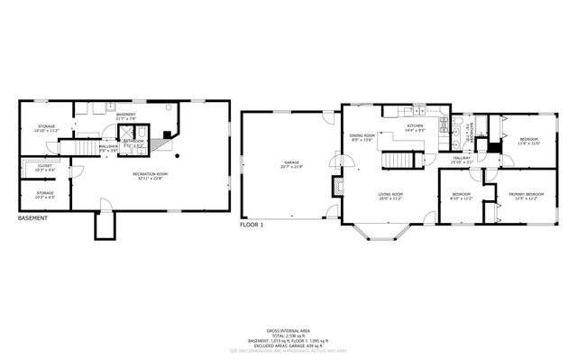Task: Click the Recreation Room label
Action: pos(151,175)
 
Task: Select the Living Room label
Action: pos(389,197)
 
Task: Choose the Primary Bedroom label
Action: pos(526,197)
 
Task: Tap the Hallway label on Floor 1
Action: pos(462,161)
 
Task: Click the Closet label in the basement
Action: pos(44,168)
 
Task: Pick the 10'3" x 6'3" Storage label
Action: pos(44,195)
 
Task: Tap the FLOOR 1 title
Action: pos(252,224)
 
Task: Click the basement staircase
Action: pos(84,149)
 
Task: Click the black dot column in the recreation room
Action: pos(178,155)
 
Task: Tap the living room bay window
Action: pos(378,236)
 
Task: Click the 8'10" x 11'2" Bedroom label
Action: pos(462,197)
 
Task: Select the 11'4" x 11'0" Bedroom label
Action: pos(527,142)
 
